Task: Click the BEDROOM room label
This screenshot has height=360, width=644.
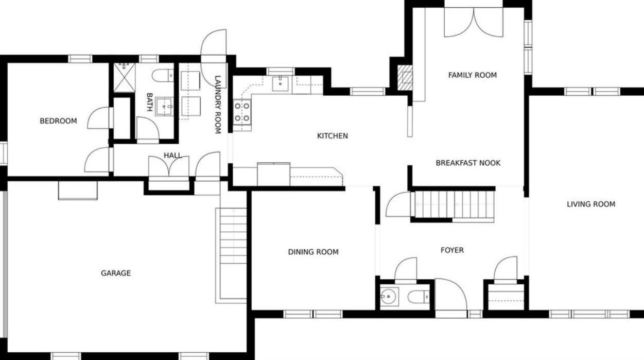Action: (x=58, y=121)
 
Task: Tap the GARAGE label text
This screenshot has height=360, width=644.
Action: (x=115, y=273)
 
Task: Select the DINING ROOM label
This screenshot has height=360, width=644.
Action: (x=313, y=252)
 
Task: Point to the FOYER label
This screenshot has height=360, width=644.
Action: (x=452, y=250)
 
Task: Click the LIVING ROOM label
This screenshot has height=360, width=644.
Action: (x=590, y=204)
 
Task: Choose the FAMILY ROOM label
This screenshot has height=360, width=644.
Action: (x=472, y=75)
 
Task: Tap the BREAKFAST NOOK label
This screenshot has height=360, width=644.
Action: (x=468, y=163)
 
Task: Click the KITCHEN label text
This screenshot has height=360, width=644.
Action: (x=332, y=136)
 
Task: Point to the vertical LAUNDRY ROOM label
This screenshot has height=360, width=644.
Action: (x=217, y=105)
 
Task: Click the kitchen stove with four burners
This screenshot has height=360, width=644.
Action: (x=242, y=112)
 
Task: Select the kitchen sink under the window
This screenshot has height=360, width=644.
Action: (x=280, y=83)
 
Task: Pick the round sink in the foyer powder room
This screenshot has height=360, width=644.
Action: (x=389, y=297)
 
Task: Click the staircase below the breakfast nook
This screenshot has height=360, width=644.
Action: (x=452, y=205)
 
